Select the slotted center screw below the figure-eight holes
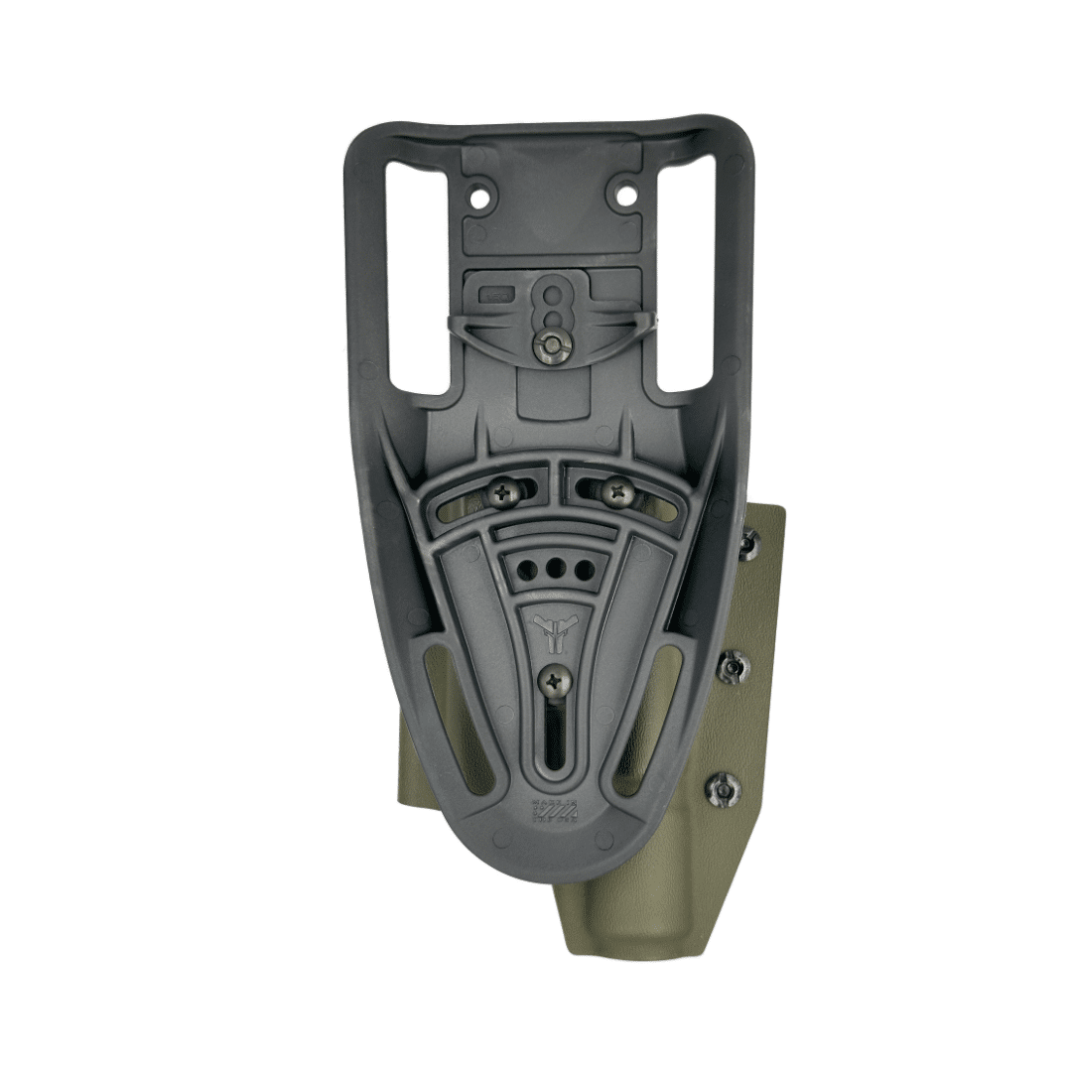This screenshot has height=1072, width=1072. [552, 343]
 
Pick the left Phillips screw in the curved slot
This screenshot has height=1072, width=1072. [506, 488]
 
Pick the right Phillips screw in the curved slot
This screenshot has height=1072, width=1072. [618, 488]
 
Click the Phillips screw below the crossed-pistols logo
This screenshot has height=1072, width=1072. [554, 681]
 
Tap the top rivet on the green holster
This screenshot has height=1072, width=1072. [747, 543]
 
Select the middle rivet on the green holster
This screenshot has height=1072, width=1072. [733, 666]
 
